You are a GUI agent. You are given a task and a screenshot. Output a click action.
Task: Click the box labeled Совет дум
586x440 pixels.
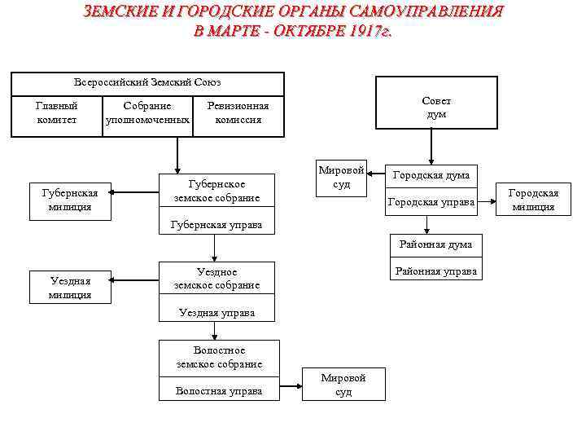pos(436,103)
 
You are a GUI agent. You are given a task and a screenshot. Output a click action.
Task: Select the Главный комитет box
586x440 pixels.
pos(57,113)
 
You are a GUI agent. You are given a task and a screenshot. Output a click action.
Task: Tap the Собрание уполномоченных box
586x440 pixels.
pos(147,113)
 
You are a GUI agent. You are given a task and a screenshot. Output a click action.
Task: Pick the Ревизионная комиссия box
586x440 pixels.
pos(238,113)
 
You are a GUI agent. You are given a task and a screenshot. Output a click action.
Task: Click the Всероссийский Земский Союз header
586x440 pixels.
pos(147,82)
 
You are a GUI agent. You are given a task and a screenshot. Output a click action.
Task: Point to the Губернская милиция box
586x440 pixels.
pos(69,200)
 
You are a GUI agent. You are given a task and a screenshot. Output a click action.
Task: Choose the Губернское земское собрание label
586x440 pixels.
pos(216,191)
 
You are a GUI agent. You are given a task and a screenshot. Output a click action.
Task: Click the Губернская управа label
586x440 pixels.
pos(216,225)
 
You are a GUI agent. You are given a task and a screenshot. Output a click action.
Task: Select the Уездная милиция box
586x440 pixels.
pos(69,288)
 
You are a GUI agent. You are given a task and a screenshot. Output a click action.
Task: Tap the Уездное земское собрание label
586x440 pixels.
pos(216,279)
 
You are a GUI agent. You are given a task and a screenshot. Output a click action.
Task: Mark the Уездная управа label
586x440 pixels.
pos(216,313)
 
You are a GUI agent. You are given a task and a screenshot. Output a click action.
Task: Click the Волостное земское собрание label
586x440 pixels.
pos(219,357)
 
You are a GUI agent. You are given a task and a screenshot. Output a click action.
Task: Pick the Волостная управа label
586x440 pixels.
pos(219,391)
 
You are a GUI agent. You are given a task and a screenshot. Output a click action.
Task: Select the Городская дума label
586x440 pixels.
pos(431,175)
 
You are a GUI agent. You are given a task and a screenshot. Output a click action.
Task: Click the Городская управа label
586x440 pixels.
pos(431,201)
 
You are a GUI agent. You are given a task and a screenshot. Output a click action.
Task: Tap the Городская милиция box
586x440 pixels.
pos(533,200)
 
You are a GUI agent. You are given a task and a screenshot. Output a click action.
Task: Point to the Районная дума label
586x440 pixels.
pos(435,244)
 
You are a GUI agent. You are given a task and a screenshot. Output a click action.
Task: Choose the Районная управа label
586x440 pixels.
pos(435,271)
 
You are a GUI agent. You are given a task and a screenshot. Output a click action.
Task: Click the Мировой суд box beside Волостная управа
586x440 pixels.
pos(343,385)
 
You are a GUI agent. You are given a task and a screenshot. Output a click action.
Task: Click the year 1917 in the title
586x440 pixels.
pos(359,32)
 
